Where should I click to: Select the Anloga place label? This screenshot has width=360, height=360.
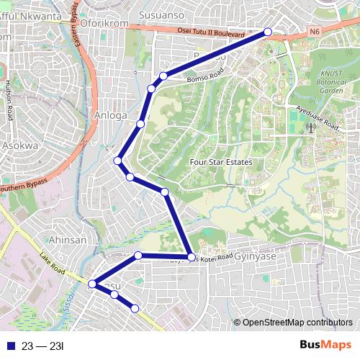click(109, 114)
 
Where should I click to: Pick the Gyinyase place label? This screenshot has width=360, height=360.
click(257, 256)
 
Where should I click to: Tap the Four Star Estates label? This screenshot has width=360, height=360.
click(220, 162)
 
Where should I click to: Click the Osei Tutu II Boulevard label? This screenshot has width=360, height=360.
click(210, 32)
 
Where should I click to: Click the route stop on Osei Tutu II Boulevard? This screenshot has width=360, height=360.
click(268, 32)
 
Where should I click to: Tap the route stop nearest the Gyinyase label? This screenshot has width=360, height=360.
click(191, 257)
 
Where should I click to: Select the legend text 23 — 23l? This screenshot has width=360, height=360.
click(43, 346)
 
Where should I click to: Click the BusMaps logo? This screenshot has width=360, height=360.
click(325, 346)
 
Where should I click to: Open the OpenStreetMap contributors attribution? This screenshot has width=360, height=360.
click(297, 322)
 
